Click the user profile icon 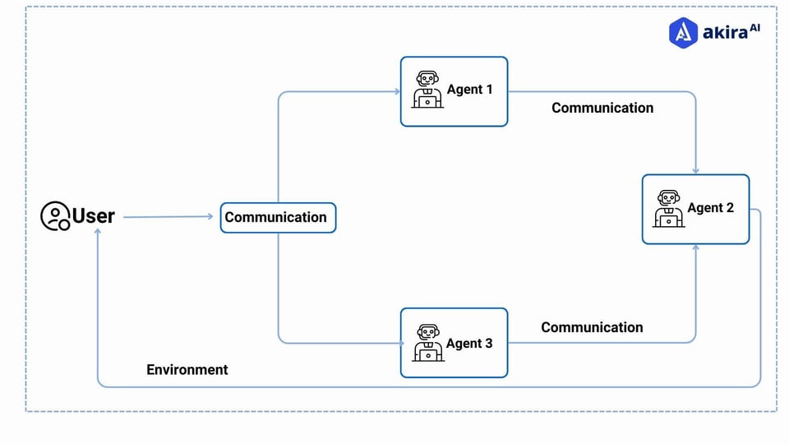(55, 216)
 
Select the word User (94, 216)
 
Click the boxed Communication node (277, 218)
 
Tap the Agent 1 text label (469, 90)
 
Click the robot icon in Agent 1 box (426, 90)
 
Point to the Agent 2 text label (710, 208)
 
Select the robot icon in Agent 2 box (668, 208)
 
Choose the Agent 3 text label (469, 344)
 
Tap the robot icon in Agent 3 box (427, 343)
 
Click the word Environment (187, 370)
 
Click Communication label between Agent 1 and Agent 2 (602, 108)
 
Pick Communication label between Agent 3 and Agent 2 (591, 327)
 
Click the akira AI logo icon (683, 32)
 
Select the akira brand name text (723, 33)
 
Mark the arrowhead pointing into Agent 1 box (396, 92)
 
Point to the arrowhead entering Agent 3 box (396, 343)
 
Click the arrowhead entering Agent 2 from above (695, 169)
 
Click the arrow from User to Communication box (168, 217)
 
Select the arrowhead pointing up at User (98, 233)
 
